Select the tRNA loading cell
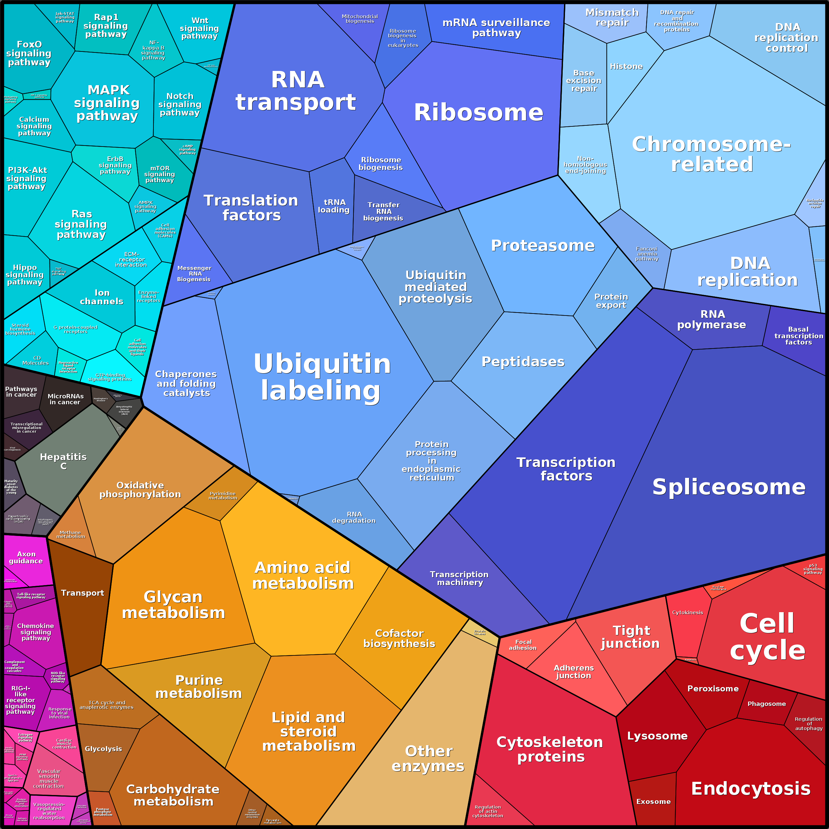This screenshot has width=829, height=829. pos(333,206)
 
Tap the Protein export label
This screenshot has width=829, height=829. pos(611,301)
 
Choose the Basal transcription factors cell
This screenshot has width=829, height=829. pos(799,336)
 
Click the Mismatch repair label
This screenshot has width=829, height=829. pos(612,17)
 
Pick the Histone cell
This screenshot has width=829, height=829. pos(626,67)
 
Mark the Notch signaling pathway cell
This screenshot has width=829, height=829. pos(180,104)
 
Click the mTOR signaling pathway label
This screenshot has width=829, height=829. pos(160,174)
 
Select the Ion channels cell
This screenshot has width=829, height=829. pos(102,297)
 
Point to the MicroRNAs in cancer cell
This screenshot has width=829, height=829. pos(65,399)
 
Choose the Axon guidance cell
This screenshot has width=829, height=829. pos(26,557)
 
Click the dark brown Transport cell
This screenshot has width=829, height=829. pos(83,593)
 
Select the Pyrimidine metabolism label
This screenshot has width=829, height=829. pos(223,496)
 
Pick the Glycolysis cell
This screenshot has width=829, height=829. pos(103,749)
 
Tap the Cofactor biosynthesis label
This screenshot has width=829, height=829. pos(399,639)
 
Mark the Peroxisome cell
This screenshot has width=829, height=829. pos(713,689)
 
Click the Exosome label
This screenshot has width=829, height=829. pos(653,802)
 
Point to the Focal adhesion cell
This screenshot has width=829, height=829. pos(523,645)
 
